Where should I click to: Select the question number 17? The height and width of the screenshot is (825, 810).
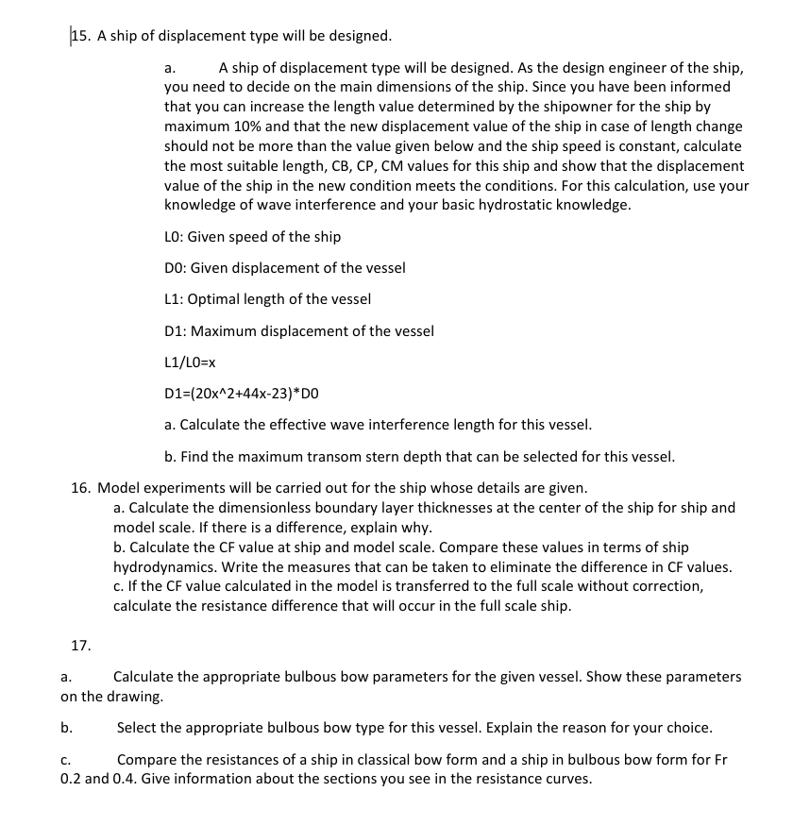(x=80, y=646)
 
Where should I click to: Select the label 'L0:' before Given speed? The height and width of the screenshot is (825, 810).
(x=175, y=236)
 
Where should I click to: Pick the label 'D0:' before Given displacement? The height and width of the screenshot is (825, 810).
(x=175, y=267)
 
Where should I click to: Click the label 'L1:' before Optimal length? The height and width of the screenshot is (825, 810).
(x=174, y=299)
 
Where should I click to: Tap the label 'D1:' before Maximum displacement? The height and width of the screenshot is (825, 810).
(x=175, y=330)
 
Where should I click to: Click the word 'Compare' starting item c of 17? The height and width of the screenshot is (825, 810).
(x=147, y=759)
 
